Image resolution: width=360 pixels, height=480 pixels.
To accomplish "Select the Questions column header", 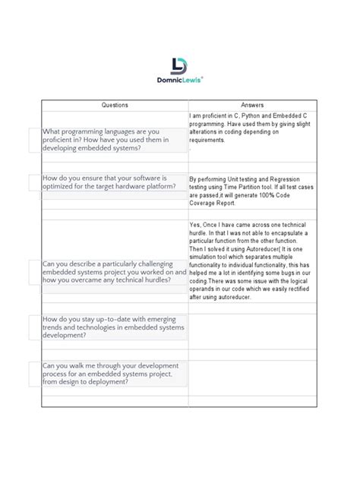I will pyautogui.click(x=115, y=105).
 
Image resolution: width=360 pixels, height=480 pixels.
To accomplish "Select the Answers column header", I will pyautogui.click(x=252, y=105).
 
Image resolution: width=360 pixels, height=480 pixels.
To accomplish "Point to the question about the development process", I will pyautogui.click(x=109, y=374).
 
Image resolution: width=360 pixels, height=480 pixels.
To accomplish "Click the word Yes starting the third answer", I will pyautogui.click(x=194, y=224).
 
